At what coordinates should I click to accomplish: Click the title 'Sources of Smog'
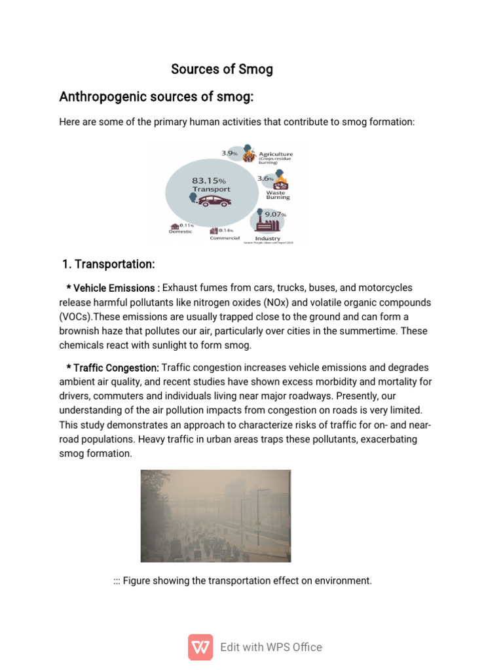tap(222, 69)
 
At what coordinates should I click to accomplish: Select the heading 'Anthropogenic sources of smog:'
tap(156, 97)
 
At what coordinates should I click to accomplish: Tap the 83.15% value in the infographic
tap(208, 180)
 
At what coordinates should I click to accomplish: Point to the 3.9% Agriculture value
tap(229, 152)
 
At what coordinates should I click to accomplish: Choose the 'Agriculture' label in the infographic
tap(275, 154)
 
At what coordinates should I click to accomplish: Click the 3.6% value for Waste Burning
tap(265, 178)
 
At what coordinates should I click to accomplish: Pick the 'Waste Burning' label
tap(278, 195)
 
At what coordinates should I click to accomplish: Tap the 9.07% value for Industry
tap(275, 214)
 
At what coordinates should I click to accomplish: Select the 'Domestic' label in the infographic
tap(181, 232)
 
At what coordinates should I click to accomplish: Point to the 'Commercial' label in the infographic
tap(225, 238)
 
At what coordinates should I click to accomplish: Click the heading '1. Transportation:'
tap(108, 264)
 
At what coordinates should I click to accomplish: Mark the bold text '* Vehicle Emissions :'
tap(113, 288)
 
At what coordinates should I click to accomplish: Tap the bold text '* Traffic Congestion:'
tap(112, 368)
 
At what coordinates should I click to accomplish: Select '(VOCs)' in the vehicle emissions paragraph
tap(75, 317)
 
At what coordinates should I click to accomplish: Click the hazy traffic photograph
tap(215, 516)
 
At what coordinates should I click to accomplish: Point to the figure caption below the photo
tap(242, 580)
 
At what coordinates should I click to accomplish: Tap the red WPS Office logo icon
tap(200, 647)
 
